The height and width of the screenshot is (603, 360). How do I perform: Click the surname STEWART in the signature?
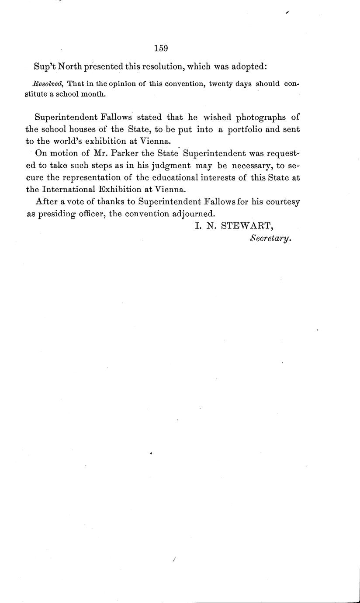[x=247, y=226]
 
